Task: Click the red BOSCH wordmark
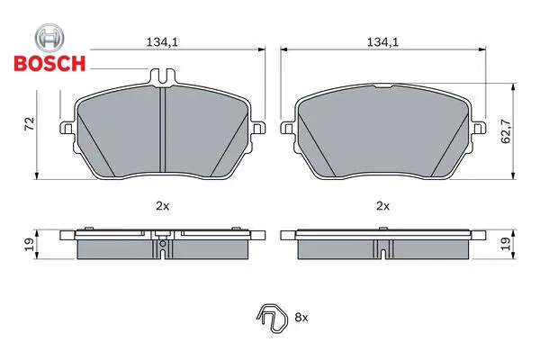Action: [x=49, y=63]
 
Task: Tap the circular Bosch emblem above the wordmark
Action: [x=49, y=38]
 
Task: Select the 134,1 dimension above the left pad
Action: [x=162, y=42]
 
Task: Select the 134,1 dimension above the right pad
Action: [x=382, y=42]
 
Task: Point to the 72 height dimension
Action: [x=30, y=123]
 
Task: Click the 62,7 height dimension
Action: [x=506, y=130]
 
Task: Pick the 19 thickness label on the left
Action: [x=30, y=244]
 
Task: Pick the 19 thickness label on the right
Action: [x=506, y=244]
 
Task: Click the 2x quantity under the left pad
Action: [x=162, y=206]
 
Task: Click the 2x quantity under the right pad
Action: [x=382, y=206]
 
